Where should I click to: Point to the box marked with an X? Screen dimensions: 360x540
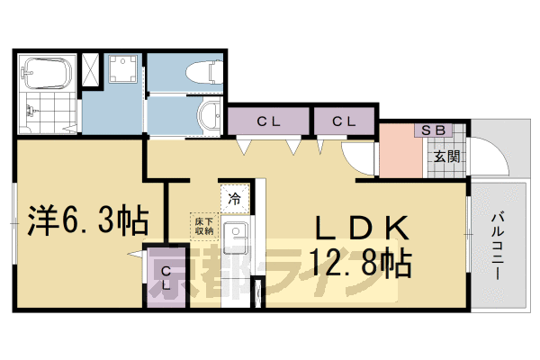pyautogui.click(x=90, y=71)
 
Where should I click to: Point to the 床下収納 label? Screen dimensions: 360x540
pyautogui.click(x=202, y=225)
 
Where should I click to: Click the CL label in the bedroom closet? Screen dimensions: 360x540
pyautogui.click(x=166, y=276)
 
